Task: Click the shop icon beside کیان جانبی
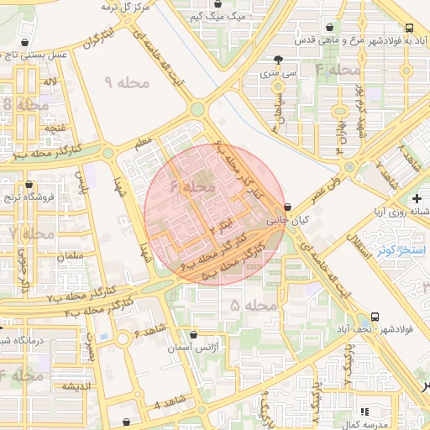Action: [289, 207]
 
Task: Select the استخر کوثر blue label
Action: [398, 249]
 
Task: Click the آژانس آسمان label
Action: [196, 346]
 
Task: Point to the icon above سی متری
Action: [277, 60]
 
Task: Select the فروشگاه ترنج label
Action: [30, 197]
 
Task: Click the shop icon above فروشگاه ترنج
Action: [29, 184]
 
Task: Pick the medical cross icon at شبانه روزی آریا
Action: [417, 198]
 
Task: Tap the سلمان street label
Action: [72, 254]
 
